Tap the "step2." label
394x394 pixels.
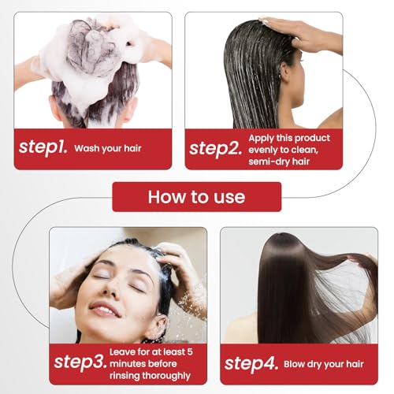tap(216, 147)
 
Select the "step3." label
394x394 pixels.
tap(80, 362)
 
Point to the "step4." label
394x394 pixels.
tap(250, 362)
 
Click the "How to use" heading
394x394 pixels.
tap(196, 196)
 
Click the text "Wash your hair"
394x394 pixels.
tap(117, 147)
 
